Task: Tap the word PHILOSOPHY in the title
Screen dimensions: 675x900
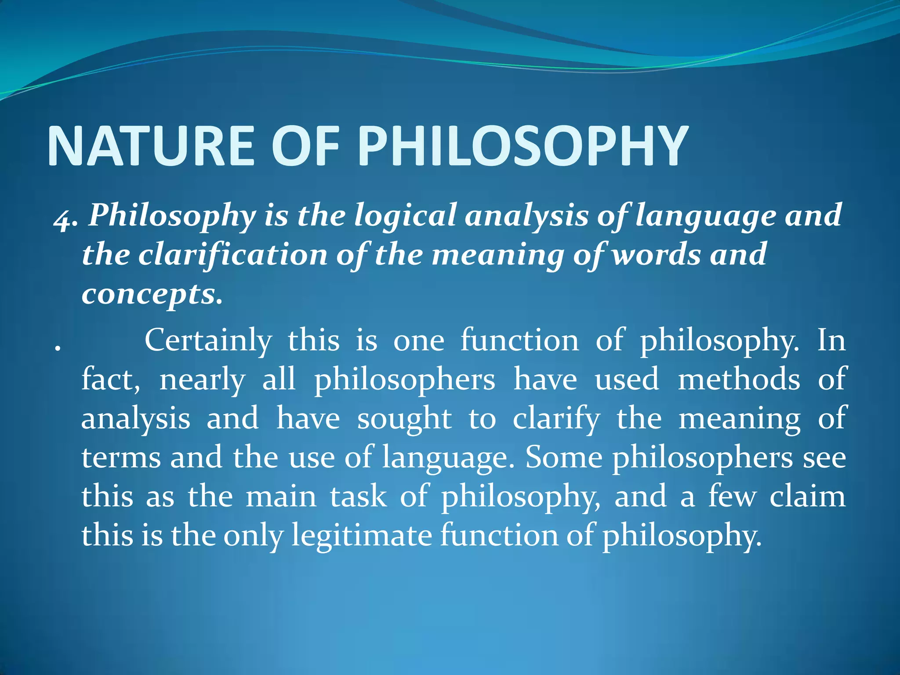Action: (x=523, y=146)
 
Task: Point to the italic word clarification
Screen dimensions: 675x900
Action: (x=233, y=255)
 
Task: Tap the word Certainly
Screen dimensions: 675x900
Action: (x=208, y=341)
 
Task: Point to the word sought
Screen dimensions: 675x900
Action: (x=404, y=419)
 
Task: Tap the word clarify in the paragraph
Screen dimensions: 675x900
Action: (x=556, y=419)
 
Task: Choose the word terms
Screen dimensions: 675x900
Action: (x=121, y=458)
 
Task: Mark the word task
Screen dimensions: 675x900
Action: (x=359, y=497)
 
